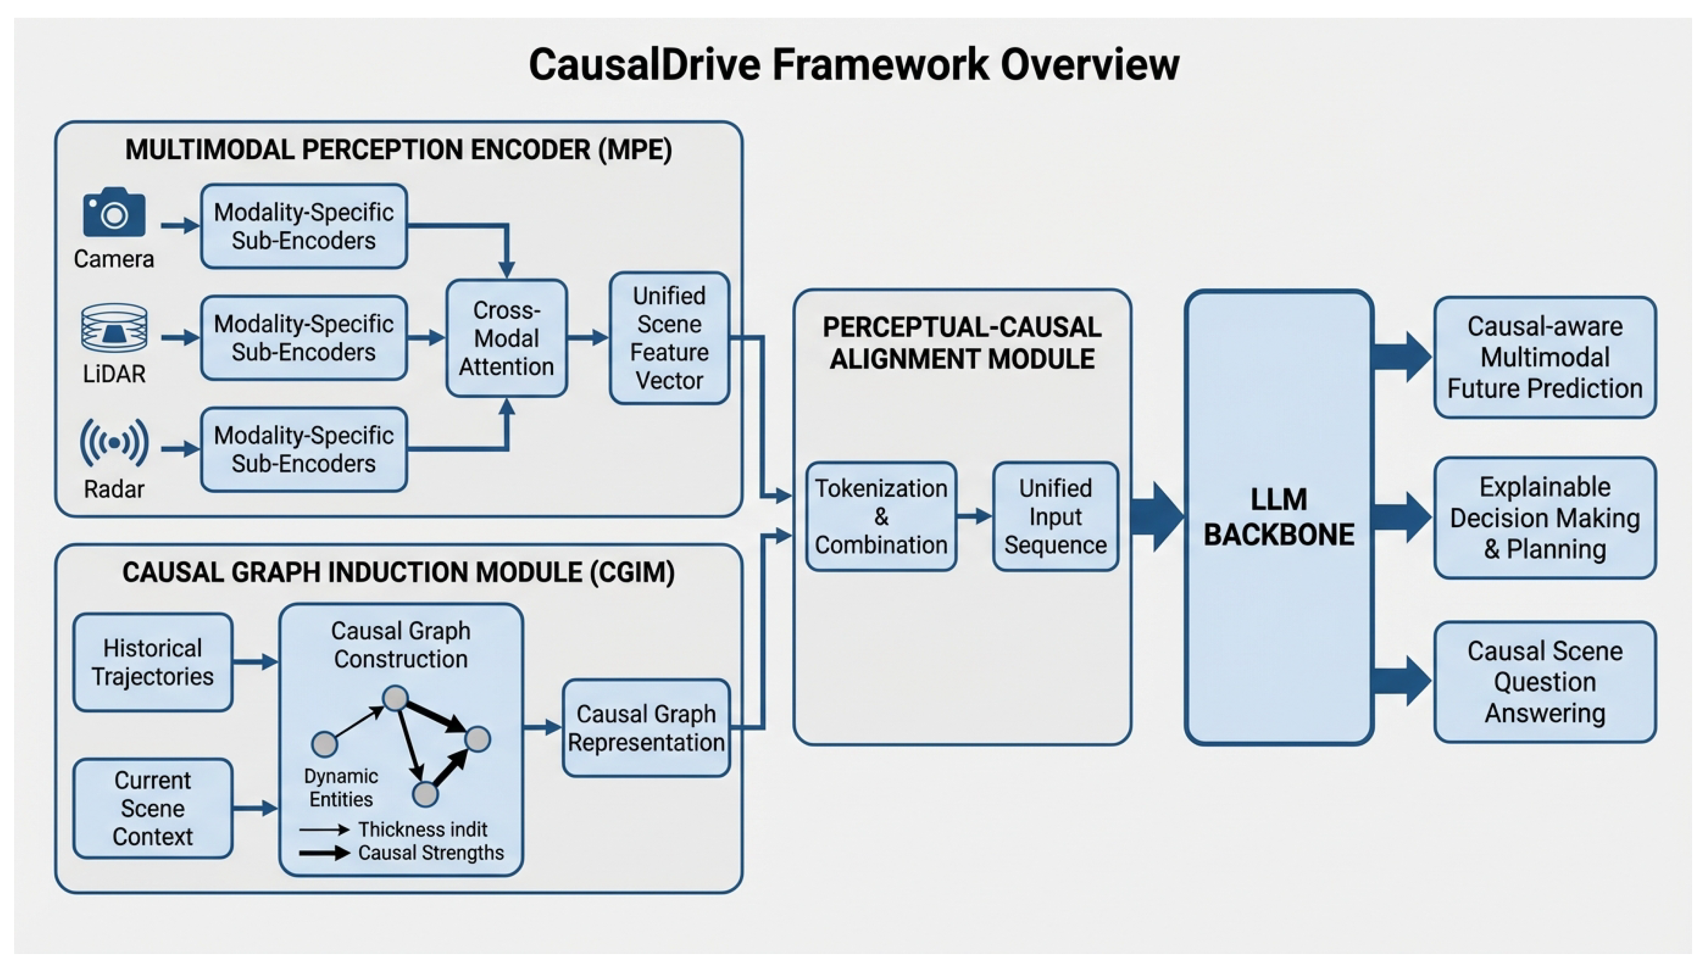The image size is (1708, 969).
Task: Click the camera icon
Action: click(x=114, y=212)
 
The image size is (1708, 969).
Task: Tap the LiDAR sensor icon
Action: click(x=114, y=328)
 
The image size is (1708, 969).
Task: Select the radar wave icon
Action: click(x=114, y=443)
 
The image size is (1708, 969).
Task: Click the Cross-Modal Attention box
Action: click(x=506, y=338)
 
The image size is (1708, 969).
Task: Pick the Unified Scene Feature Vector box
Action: click(x=669, y=338)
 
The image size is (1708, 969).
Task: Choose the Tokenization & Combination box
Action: click(x=881, y=516)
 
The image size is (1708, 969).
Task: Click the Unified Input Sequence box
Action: click(x=1055, y=516)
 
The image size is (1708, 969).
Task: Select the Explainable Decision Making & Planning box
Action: click(x=1545, y=518)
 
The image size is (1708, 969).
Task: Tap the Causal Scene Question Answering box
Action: click(x=1545, y=681)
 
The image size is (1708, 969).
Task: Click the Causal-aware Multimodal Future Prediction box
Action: click(x=1545, y=358)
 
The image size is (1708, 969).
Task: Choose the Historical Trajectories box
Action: click(x=152, y=662)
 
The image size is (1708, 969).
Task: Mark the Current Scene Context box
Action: click(x=152, y=808)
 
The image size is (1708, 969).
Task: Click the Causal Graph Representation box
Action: click(x=646, y=728)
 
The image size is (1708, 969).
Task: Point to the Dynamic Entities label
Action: click(x=341, y=787)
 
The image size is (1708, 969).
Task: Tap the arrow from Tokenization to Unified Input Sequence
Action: click(x=974, y=516)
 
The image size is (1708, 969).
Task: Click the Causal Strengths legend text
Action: click(x=431, y=853)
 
